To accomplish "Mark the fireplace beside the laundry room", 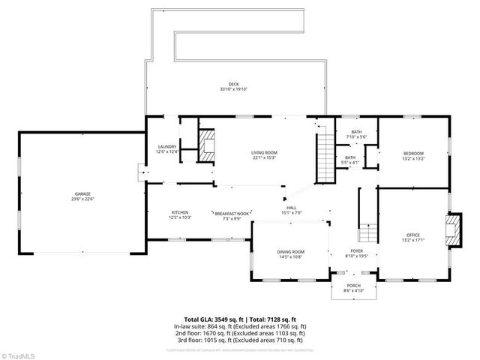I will point(205,144).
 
